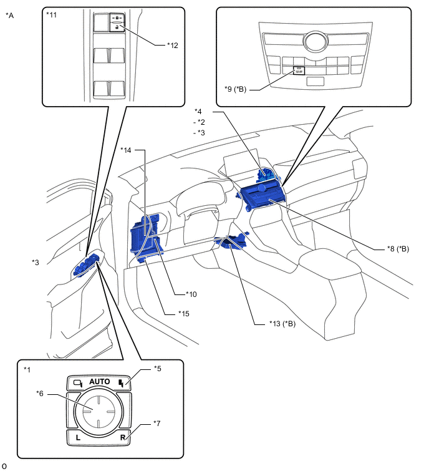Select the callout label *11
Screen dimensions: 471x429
pyautogui.click(x=52, y=13)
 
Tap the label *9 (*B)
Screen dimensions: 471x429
pyautogui.click(x=236, y=89)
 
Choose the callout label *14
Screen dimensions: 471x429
pyautogui.click(x=127, y=150)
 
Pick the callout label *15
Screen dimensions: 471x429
pyautogui.click(x=183, y=313)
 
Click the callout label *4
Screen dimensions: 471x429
pyautogui.click(x=198, y=112)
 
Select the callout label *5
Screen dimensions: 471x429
pyautogui.click(x=159, y=369)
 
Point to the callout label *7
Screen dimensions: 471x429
pyautogui.click(x=159, y=424)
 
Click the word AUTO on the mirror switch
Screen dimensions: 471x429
pyautogui.click(x=99, y=382)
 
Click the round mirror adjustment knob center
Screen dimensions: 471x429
pyautogui.click(x=99, y=409)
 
